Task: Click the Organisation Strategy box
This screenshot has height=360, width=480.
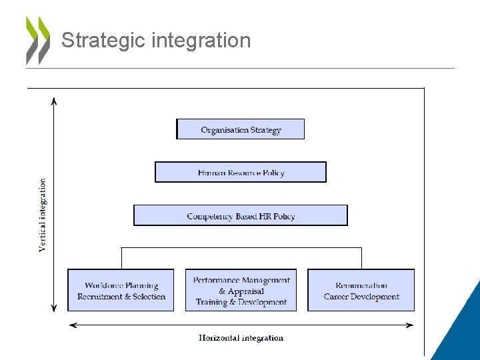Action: coord(240,129)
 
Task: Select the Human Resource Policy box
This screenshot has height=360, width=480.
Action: coord(241,172)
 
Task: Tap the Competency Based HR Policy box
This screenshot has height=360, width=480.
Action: coord(241,215)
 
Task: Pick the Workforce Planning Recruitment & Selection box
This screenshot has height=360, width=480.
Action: coord(121,290)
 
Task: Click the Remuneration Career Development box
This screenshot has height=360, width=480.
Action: coord(361,290)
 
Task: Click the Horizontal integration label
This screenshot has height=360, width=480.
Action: coord(241,338)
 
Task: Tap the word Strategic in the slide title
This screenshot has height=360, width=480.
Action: coord(103,41)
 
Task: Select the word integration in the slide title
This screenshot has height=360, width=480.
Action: coord(201,41)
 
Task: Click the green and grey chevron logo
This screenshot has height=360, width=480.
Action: coord(37,40)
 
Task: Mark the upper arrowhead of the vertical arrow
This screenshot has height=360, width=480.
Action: coord(54,101)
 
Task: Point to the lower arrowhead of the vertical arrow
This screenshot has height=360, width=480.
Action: coord(54,308)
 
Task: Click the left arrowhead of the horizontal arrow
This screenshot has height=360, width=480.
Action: coord(73,325)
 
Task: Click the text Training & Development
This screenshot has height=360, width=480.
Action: coord(241,302)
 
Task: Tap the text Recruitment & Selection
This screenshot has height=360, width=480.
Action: coord(121,297)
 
